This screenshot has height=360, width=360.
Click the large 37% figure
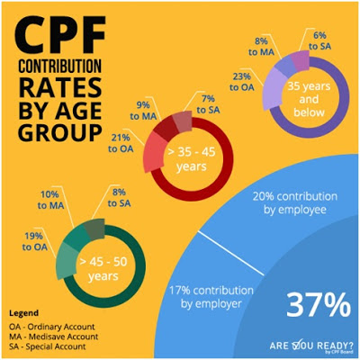click(x=318, y=305)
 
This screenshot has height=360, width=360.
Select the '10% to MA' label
click(x=49, y=201)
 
